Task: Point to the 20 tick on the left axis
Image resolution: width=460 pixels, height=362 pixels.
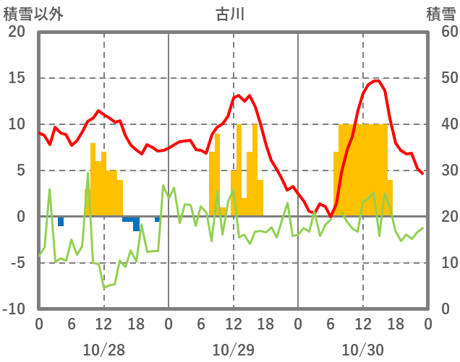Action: point(16,32)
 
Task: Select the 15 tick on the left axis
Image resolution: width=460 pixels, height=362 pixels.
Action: point(16,78)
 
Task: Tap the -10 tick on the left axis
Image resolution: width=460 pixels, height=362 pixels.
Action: point(14,309)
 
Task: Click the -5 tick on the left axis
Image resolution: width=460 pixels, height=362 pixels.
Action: point(17,263)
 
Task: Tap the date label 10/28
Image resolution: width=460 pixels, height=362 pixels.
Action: point(103,350)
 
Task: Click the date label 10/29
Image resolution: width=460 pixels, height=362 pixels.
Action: point(233,350)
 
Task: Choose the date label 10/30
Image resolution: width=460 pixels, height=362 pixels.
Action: point(363,350)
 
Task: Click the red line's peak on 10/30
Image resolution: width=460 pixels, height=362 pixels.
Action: point(376,80)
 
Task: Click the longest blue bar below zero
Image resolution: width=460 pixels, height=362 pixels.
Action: point(136,223)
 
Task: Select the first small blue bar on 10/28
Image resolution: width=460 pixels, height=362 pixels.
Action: point(61,221)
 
